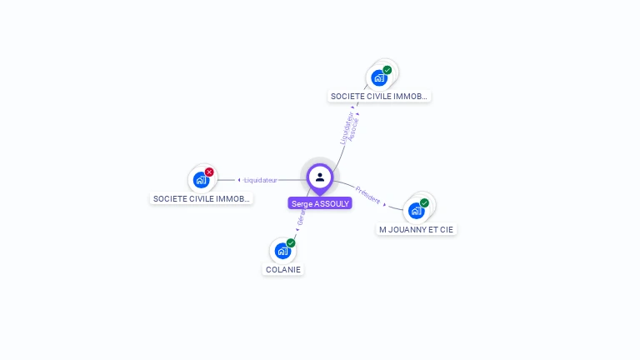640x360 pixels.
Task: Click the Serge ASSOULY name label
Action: click(x=320, y=203)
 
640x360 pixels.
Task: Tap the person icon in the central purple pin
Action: click(x=320, y=177)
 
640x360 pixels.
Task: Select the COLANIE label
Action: click(x=282, y=269)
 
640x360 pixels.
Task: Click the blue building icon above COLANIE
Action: click(x=282, y=250)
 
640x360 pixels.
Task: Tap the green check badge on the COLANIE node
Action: click(x=291, y=243)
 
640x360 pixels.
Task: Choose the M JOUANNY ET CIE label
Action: click(x=417, y=229)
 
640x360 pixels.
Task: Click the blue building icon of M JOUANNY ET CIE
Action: click(x=416, y=210)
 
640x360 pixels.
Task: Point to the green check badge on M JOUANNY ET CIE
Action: click(x=424, y=203)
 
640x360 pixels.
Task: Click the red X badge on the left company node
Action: click(x=209, y=172)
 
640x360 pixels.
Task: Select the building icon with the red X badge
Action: click(x=201, y=179)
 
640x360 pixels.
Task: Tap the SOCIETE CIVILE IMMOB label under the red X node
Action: click(x=201, y=198)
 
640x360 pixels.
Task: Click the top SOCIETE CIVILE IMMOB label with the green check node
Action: click(x=380, y=96)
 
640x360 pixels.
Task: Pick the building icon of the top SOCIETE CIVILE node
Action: click(x=379, y=77)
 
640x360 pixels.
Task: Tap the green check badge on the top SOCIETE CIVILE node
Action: click(x=387, y=71)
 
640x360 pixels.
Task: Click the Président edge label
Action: click(x=367, y=195)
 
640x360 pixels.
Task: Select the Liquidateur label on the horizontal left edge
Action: click(x=260, y=180)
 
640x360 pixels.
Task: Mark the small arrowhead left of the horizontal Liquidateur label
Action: click(x=239, y=180)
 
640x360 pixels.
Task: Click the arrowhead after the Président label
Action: click(x=384, y=203)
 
